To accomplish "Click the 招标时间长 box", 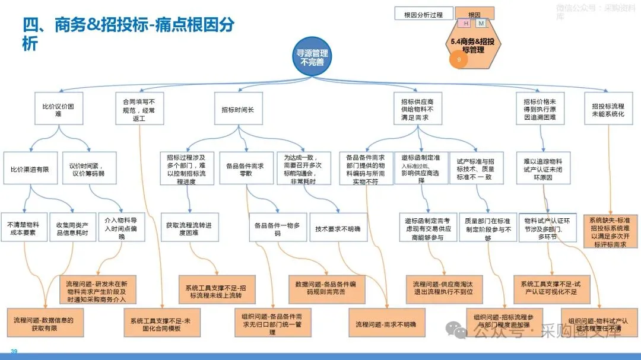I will coord(238,109).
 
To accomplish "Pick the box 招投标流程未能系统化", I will coord(608,109).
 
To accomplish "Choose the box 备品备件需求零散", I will coord(246,169).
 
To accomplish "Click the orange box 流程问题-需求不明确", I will coord(386,324).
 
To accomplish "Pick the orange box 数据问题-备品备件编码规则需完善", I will coord(326,288).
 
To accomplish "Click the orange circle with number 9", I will coord(458,60).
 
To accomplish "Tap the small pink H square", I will coord(466,23).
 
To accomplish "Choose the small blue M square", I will coord(481,23).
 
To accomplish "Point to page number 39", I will coord(14,352).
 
